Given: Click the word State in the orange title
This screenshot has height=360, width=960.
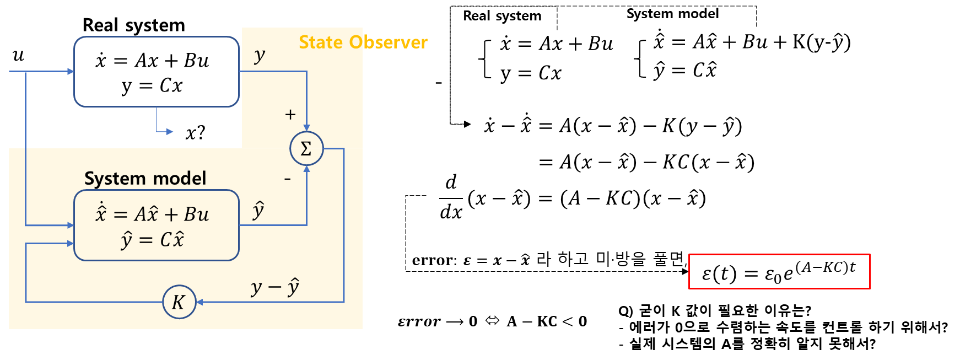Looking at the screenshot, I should pyautogui.click(x=321, y=42).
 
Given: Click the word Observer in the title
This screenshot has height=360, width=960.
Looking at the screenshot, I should pyautogui.click(x=389, y=42).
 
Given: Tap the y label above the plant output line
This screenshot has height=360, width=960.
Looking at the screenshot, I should pyautogui.click(x=260, y=55).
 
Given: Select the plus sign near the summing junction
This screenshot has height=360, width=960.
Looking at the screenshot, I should pyautogui.click(x=290, y=115).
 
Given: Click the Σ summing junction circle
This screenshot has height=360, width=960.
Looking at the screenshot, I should pyautogui.click(x=306, y=148).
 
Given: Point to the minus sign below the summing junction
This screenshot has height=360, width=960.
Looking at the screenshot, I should pyautogui.click(x=287, y=179).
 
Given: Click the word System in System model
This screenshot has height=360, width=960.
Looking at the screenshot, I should pyautogui.click(x=115, y=179).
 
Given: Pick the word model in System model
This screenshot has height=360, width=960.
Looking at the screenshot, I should pyautogui.click(x=180, y=179).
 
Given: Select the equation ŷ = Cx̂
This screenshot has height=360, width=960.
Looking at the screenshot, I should pyautogui.click(x=153, y=240).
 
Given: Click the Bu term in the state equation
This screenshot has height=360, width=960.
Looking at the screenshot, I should pyautogui.click(x=197, y=214).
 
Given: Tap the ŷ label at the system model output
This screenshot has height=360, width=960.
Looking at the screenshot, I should pyautogui.click(x=258, y=211).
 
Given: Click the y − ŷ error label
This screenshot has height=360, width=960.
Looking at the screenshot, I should pyautogui.click(x=275, y=287).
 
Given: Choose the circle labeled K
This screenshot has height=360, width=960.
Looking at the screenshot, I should pyautogui.click(x=179, y=302).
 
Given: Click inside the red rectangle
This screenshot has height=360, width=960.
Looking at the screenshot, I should pyautogui.click(x=779, y=271).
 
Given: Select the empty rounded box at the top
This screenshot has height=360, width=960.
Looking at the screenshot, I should pyautogui.click(x=157, y=72).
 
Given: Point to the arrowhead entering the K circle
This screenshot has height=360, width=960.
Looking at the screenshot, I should pyautogui.click(x=199, y=302).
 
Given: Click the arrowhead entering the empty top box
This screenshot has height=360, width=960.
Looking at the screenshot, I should pyautogui.click(x=71, y=72).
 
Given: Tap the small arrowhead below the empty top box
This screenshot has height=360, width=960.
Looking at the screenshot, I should pyautogui.click(x=170, y=132).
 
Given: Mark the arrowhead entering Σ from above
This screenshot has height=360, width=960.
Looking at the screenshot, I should pyautogui.click(x=306, y=128).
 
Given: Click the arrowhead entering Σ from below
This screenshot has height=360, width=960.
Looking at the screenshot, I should pyautogui.click(x=306, y=169).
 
